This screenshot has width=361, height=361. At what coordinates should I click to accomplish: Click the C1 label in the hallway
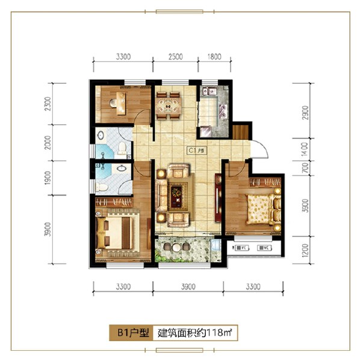196,151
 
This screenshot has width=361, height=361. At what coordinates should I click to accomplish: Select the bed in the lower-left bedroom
116,230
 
